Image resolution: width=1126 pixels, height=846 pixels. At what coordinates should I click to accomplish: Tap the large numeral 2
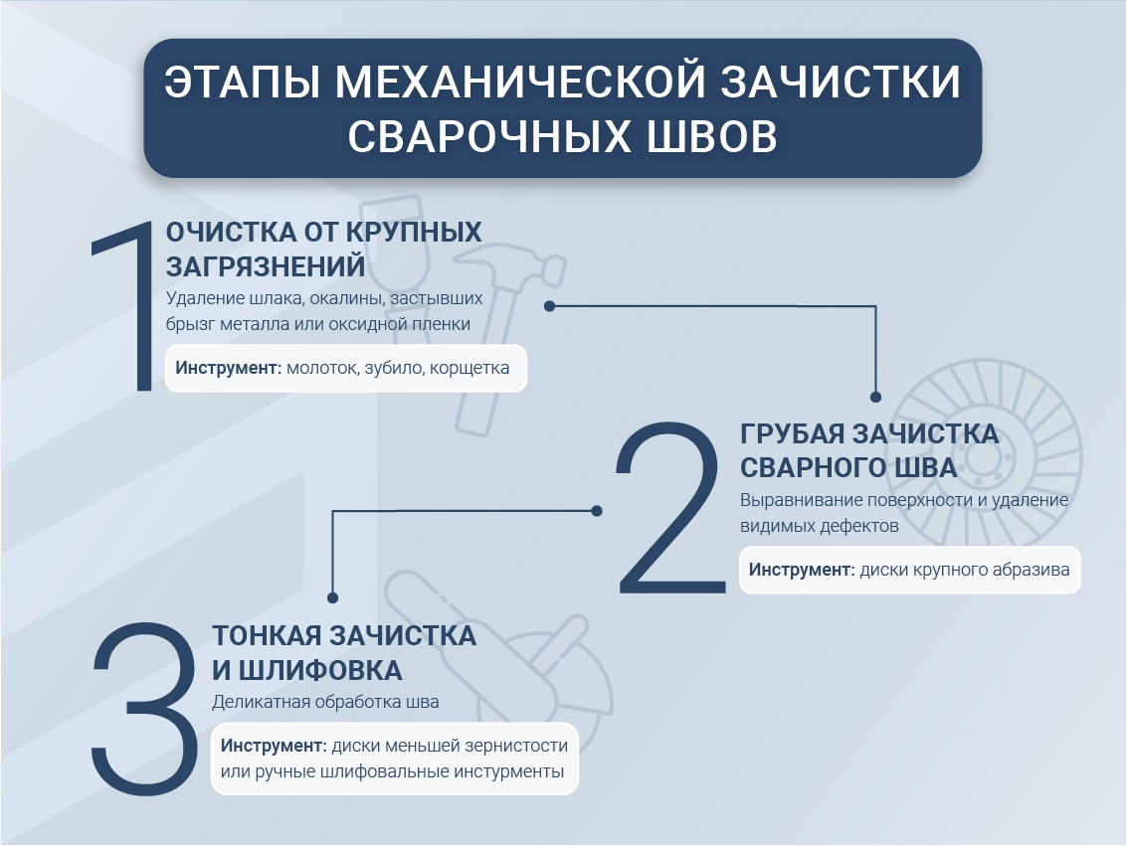667,507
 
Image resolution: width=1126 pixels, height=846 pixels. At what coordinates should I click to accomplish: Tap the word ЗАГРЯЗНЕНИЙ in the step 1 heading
265,267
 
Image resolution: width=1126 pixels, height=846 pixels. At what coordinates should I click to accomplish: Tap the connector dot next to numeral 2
597,511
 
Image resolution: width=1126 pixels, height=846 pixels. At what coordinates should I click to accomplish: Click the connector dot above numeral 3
332,598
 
